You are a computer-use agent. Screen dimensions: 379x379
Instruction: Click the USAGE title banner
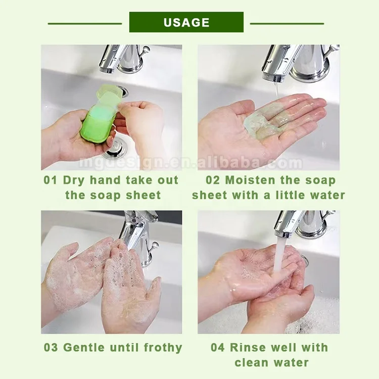coord(186,22)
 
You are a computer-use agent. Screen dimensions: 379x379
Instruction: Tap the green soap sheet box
coord(98,119)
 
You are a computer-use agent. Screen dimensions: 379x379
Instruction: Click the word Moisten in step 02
coord(256,180)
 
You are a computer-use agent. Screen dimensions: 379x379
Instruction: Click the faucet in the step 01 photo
coord(124,58)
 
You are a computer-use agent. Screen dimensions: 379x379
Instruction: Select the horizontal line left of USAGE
coord(85,23)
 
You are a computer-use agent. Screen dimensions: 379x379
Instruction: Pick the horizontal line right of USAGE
coord(287,23)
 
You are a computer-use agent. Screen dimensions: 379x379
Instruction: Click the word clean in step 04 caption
coord(253,362)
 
